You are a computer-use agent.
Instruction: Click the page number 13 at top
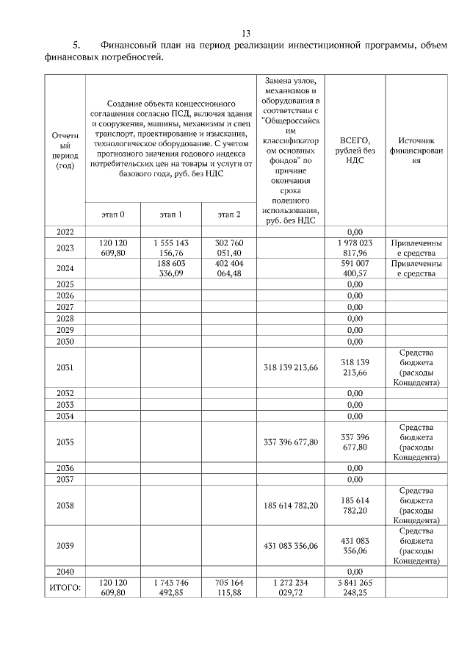coord(246,33)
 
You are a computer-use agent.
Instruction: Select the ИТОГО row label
coord(64,588)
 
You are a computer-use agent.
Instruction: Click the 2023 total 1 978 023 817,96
coord(355,248)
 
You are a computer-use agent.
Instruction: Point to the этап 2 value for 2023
coord(229,248)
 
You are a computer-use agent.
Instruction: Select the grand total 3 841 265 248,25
coord(355,588)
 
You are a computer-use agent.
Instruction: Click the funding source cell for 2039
coord(416,546)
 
